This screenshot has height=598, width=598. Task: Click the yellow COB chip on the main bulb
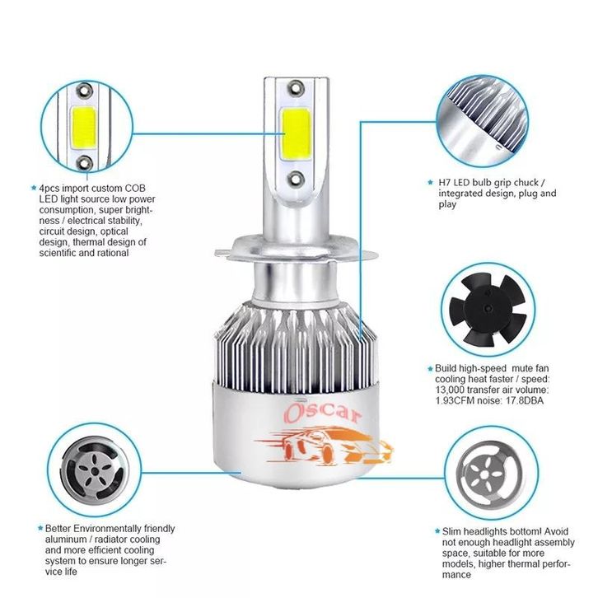[x=296, y=134]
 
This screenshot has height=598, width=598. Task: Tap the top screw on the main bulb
[x=296, y=88]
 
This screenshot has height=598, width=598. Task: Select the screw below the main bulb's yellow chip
[x=296, y=178]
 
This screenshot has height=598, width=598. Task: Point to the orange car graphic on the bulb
[x=324, y=446]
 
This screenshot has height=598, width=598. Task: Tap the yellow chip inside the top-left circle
[x=83, y=128]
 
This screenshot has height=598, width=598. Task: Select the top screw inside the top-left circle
[x=84, y=91]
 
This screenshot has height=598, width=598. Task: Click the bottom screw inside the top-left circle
[x=84, y=163]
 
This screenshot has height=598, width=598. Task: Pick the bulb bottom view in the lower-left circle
[x=93, y=471]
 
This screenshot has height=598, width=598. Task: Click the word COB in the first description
[x=135, y=189]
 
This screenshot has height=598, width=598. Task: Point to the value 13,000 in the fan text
[x=450, y=390]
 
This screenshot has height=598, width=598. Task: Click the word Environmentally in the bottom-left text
[x=108, y=530]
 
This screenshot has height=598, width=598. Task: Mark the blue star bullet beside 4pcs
[x=34, y=188]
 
